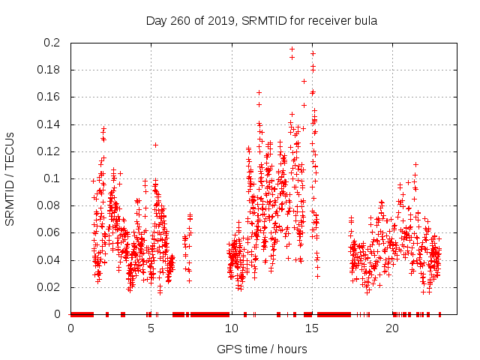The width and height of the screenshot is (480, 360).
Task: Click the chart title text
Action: tap(261, 20)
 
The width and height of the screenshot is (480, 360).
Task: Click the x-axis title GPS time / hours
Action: tap(262, 349)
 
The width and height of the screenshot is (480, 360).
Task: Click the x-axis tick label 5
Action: tap(151, 329)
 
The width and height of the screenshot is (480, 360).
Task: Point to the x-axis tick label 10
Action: tap(232, 329)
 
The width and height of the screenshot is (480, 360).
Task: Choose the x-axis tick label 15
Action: tap(312, 329)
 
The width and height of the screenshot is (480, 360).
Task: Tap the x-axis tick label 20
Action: tap(393, 329)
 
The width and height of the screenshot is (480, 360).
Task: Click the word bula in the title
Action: tap(364, 20)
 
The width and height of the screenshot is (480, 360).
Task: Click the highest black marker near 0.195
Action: tap(292, 49)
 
